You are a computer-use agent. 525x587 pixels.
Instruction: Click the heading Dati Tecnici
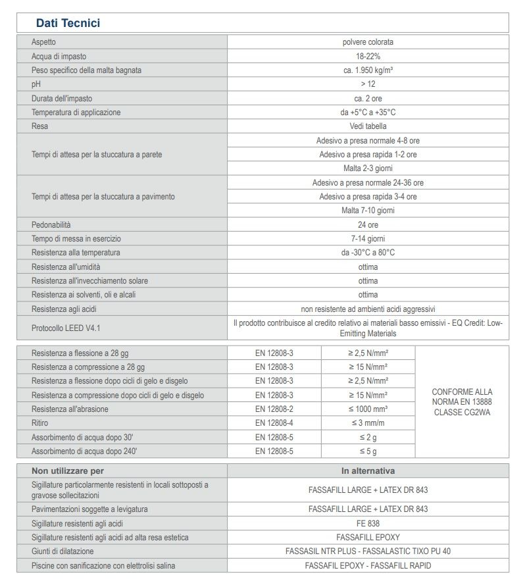click(x=68, y=23)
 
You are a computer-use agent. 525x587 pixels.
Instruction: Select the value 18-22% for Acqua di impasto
click(x=368, y=56)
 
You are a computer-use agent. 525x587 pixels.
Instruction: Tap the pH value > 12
click(x=368, y=84)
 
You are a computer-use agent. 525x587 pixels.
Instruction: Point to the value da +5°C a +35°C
click(x=368, y=112)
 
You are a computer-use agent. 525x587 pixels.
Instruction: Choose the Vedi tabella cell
click(x=368, y=126)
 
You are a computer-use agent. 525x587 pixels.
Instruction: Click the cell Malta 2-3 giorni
click(x=368, y=168)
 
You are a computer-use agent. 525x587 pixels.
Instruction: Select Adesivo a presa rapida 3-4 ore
click(x=368, y=196)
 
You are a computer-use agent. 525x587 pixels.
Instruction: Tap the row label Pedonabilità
click(x=51, y=224)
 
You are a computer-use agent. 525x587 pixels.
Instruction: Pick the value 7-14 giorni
click(x=368, y=238)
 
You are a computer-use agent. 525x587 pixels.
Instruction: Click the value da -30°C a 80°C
click(x=368, y=252)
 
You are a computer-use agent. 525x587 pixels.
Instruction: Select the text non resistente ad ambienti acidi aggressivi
click(x=368, y=309)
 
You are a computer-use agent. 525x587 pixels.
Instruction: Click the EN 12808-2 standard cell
click(x=274, y=409)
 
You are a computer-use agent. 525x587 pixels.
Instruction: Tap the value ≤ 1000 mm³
click(x=368, y=409)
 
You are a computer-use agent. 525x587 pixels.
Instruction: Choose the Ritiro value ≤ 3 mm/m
click(x=368, y=422)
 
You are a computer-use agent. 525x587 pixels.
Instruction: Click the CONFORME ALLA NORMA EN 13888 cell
click(x=462, y=401)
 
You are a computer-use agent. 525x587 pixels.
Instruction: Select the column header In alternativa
click(x=368, y=471)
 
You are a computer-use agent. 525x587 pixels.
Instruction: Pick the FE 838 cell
click(x=368, y=523)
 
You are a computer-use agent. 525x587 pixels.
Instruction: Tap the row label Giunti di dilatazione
click(x=63, y=551)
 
